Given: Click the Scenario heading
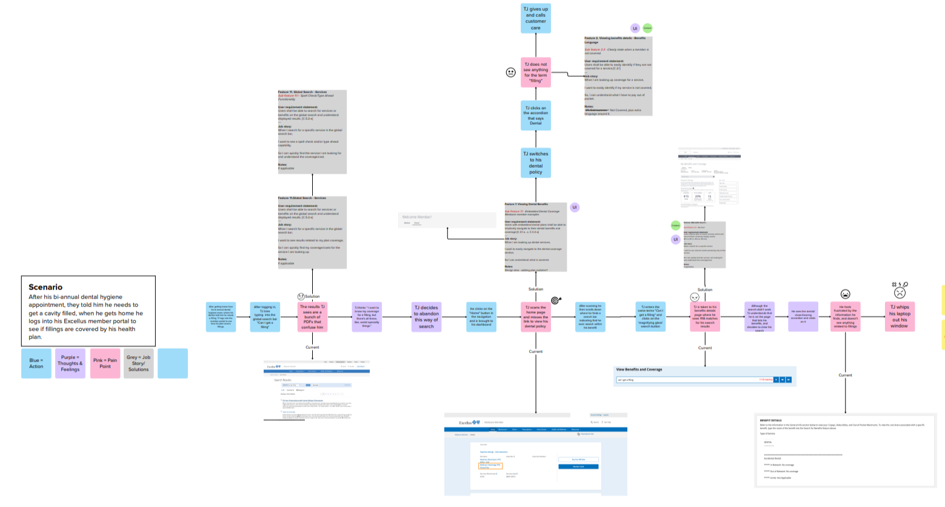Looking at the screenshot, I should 45,287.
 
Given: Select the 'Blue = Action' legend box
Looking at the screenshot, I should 36,363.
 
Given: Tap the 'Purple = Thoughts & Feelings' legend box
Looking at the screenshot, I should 70,363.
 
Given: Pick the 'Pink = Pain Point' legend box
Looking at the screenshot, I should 105,363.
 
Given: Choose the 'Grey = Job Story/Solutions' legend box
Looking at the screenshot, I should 138,363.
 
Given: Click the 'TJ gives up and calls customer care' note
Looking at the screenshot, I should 536,18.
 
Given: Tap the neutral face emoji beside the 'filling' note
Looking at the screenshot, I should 510,73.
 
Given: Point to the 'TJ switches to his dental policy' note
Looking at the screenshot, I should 536,162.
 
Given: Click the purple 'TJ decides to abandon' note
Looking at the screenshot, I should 426,317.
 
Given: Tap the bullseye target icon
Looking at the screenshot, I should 556,300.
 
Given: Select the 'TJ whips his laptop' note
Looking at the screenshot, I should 900,316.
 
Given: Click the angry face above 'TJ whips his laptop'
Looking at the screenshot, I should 900,292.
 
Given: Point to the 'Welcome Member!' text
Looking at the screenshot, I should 417,217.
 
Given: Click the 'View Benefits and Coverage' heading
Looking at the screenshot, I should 639,369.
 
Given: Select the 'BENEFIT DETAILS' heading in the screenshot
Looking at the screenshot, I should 770,420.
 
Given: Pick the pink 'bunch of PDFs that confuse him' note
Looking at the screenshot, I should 312,317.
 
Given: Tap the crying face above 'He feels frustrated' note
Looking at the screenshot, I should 845,294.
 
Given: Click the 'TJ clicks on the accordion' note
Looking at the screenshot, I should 536,115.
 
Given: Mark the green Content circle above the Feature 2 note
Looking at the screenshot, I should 647,28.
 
